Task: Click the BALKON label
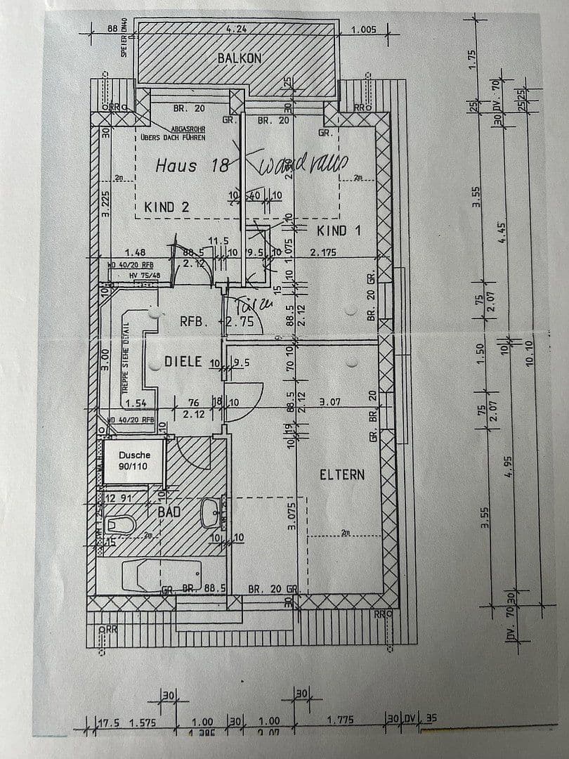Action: pyautogui.click(x=240, y=58)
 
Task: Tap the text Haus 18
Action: pyautogui.click(x=192, y=166)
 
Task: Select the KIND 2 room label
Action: pyautogui.click(x=166, y=207)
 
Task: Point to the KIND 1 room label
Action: pyautogui.click(x=340, y=231)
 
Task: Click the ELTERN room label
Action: pyautogui.click(x=342, y=474)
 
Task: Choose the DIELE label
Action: pyautogui.click(x=183, y=361)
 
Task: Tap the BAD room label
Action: pyautogui.click(x=169, y=512)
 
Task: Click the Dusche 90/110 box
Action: pyautogui.click(x=134, y=460)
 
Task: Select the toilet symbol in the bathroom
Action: pyautogui.click(x=120, y=525)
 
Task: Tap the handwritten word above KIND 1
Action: pyautogui.click(x=303, y=165)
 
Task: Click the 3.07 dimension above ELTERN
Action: pyautogui.click(x=330, y=403)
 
